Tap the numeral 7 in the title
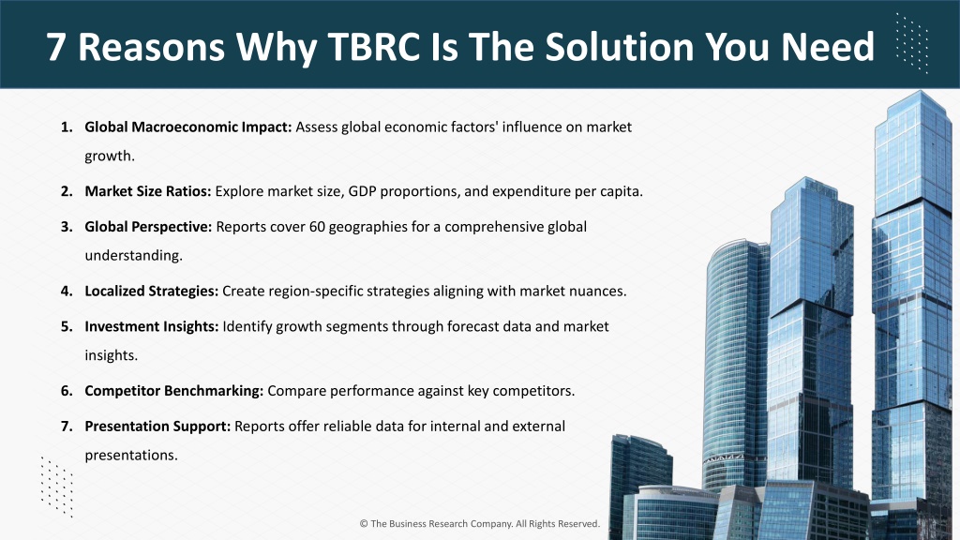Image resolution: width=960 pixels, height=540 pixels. click(55, 47)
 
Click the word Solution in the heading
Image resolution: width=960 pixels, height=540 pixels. click(620, 47)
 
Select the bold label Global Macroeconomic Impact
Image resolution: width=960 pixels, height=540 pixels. click(187, 127)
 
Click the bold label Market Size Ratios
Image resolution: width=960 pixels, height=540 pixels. click(147, 191)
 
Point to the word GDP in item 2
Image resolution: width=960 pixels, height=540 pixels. click(362, 191)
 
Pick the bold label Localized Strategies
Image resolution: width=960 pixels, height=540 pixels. click(151, 291)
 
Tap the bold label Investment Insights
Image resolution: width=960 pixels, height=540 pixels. click(151, 326)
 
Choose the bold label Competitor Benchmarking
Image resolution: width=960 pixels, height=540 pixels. click(173, 391)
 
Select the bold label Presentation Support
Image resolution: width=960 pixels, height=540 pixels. click(157, 427)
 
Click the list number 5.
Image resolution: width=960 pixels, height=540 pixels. click(67, 326)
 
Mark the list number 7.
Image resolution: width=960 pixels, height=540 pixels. click(67, 427)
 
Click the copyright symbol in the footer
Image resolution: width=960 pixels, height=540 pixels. click(364, 523)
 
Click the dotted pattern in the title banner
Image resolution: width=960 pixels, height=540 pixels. click(912, 44)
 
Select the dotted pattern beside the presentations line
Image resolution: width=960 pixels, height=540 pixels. click(57, 487)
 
